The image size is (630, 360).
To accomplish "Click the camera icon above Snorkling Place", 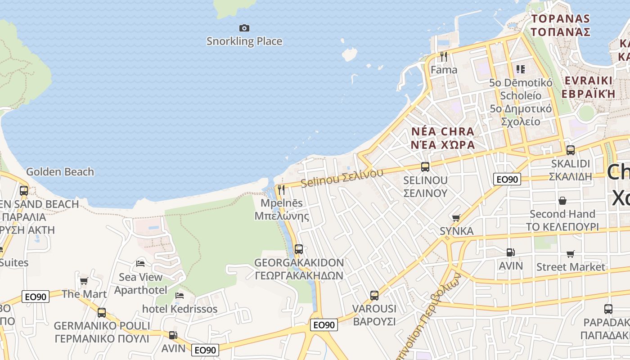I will pos(244,28).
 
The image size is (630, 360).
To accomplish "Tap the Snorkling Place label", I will pos(244,41).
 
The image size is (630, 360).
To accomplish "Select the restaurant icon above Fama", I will pos(444,56).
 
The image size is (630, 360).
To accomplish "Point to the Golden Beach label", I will pos(60,172).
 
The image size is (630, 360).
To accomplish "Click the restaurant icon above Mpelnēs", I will pos(281,189).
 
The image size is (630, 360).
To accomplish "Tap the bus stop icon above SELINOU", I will pos(425,167).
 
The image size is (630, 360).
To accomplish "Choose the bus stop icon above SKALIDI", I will pos(570,150).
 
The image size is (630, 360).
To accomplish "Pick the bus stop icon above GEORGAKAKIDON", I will pos(298,249).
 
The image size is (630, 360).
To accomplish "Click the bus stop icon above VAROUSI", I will pos(374,296).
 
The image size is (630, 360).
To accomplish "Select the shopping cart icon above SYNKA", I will pos(456,218).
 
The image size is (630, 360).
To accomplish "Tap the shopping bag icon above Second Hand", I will pos(562,200).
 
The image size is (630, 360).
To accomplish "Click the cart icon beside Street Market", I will pos(571,254).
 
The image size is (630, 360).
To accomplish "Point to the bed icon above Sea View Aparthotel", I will pos(140,263).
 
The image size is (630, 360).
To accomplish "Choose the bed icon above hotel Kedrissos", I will pos(180,296).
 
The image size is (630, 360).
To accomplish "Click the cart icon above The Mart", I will pos(84,281).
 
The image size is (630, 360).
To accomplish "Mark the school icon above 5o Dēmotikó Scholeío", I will pos(521,69).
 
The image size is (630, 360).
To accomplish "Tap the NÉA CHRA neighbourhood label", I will pos(443,132).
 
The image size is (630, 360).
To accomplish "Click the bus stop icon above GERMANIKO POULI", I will pos(102,312).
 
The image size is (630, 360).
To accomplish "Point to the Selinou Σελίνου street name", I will pos(342,178).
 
